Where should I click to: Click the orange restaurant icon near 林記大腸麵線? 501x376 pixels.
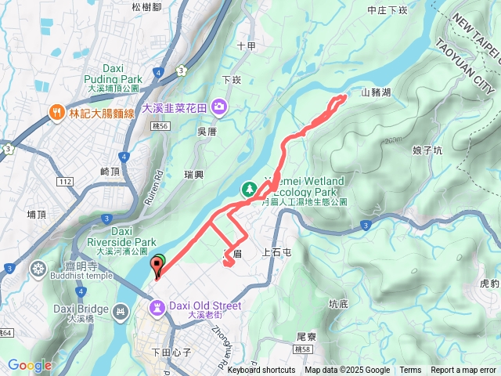(x=57, y=113)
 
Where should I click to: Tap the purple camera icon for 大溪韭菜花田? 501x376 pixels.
(x=220, y=107)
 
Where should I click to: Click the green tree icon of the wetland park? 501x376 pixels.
(x=248, y=189)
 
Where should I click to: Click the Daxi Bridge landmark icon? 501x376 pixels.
(x=121, y=313)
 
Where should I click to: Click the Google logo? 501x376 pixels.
(x=30, y=365)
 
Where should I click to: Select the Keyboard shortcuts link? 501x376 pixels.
(x=261, y=371)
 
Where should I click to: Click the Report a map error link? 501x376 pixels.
(x=463, y=371)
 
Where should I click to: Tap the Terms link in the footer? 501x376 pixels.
(x=410, y=371)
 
